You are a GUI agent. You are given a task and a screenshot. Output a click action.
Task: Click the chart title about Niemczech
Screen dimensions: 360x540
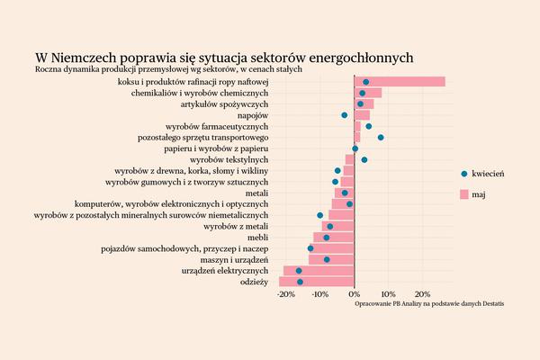point(224,57)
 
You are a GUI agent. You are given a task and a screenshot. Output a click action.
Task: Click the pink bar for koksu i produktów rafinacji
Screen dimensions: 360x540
point(400,82)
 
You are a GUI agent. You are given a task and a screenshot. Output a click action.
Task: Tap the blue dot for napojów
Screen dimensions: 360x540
point(344,115)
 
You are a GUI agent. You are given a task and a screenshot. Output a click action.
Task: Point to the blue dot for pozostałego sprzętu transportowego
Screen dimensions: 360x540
point(381,138)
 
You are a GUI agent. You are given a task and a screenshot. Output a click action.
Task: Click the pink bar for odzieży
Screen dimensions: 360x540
point(317,282)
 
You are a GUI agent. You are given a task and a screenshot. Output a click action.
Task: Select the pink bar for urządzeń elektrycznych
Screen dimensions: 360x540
point(319,271)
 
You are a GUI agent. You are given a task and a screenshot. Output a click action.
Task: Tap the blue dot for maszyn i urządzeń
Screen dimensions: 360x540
point(327,259)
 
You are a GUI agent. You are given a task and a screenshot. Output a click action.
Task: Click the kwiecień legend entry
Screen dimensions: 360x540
point(481,173)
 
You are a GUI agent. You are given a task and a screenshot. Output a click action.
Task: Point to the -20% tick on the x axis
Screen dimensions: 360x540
point(285,294)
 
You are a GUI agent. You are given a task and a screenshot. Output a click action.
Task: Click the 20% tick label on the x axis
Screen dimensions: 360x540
point(421,294)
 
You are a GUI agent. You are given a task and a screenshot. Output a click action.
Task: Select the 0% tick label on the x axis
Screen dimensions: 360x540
point(355,294)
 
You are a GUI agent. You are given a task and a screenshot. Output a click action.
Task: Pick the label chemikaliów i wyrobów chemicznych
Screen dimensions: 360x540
point(200,94)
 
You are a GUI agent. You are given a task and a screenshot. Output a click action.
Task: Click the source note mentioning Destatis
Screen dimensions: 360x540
point(429,304)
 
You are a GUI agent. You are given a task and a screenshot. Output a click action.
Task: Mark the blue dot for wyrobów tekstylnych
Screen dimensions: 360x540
point(364,159)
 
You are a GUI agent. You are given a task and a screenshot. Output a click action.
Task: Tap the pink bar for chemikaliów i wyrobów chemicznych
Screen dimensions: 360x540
point(368,93)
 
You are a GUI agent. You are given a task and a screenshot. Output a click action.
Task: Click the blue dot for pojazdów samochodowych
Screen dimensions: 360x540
point(310,248)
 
